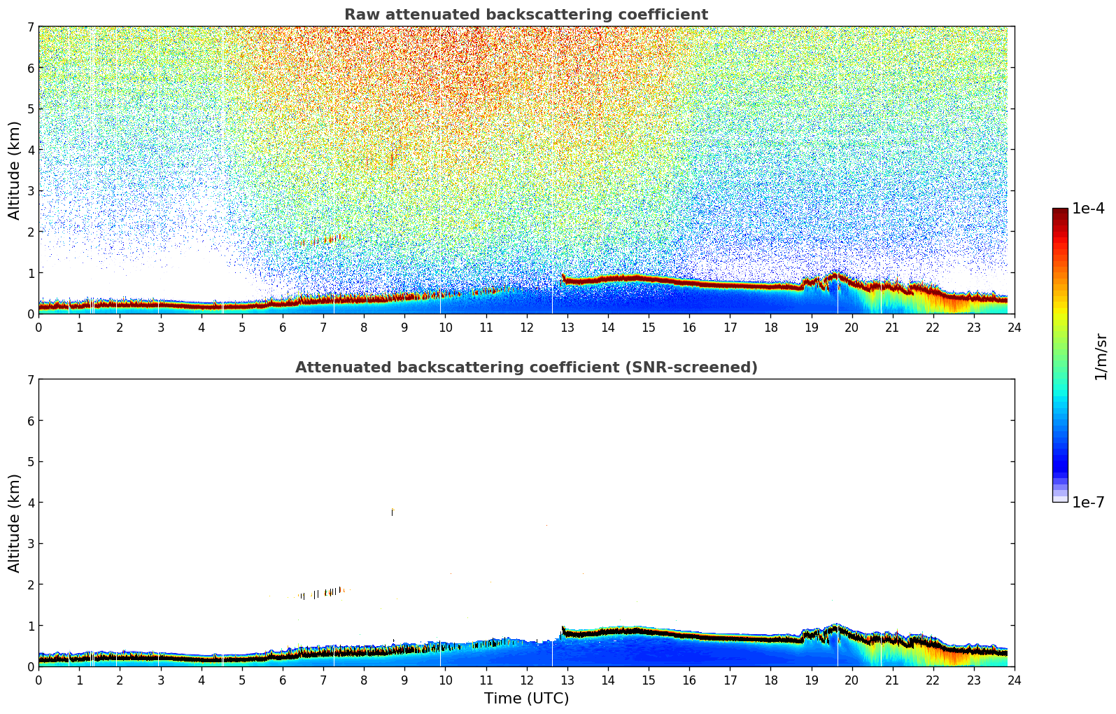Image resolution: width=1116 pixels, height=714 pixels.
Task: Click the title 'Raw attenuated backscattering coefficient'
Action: (525, 15)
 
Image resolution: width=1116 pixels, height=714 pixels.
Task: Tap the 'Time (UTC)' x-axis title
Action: (526, 699)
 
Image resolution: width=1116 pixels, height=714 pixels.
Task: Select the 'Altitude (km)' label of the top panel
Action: (15, 170)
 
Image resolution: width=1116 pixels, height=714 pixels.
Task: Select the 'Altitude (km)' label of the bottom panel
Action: (15, 523)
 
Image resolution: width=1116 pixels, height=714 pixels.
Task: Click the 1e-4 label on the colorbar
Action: (1088, 209)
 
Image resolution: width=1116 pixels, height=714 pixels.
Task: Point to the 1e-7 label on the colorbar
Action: (1088, 502)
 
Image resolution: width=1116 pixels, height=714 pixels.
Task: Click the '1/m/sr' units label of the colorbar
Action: (1101, 356)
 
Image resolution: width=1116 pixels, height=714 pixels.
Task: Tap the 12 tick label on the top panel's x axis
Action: (526, 327)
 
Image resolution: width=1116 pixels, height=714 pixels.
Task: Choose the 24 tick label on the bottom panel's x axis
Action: (1014, 680)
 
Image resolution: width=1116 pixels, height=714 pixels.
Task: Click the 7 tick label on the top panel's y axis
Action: (31, 27)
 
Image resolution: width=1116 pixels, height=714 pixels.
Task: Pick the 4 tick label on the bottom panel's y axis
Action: (31, 503)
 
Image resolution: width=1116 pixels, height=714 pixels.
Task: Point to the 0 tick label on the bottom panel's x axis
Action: (38, 680)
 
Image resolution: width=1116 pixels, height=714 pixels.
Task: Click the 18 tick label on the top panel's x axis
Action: (770, 327)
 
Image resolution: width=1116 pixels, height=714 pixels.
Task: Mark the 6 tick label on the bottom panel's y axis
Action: (31, 421)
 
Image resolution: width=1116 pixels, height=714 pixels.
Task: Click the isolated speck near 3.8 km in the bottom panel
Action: (393, 512)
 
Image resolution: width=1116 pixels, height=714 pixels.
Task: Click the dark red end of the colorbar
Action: (1060, 212)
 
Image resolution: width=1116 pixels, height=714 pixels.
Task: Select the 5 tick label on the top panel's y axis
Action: (31, 108)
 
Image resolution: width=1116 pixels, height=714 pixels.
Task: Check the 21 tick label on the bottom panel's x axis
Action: (892, 680)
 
